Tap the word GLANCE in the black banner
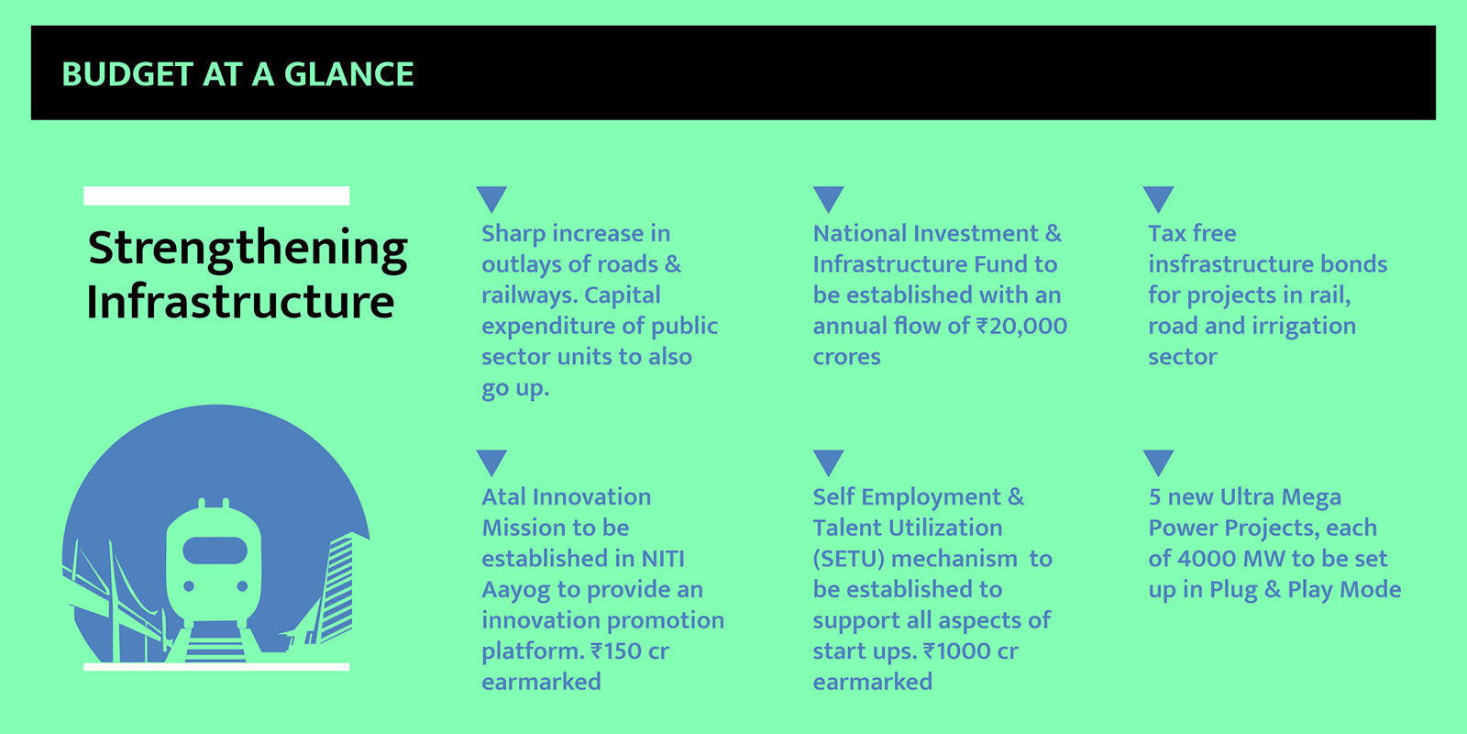click(x=348, y=74)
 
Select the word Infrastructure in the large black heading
click(x=240, y=302)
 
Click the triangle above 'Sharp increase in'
click(x=491, y=199)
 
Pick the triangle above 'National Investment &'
click(x=829, y=199)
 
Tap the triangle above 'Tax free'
click(x=1159, y=199)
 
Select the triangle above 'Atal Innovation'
click(x=491, y=462)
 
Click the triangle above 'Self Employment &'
click(x=829, y=462)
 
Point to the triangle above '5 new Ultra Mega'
click(x=1159, y=462)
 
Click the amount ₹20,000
click(x=1021, y=327)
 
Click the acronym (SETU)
click(x=849, y=559)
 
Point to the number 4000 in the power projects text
click(x=1207, y=559)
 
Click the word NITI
click(x=663, y=559)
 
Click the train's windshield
click(x=215, y=550)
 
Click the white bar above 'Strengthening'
click(x=216, y=196)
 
